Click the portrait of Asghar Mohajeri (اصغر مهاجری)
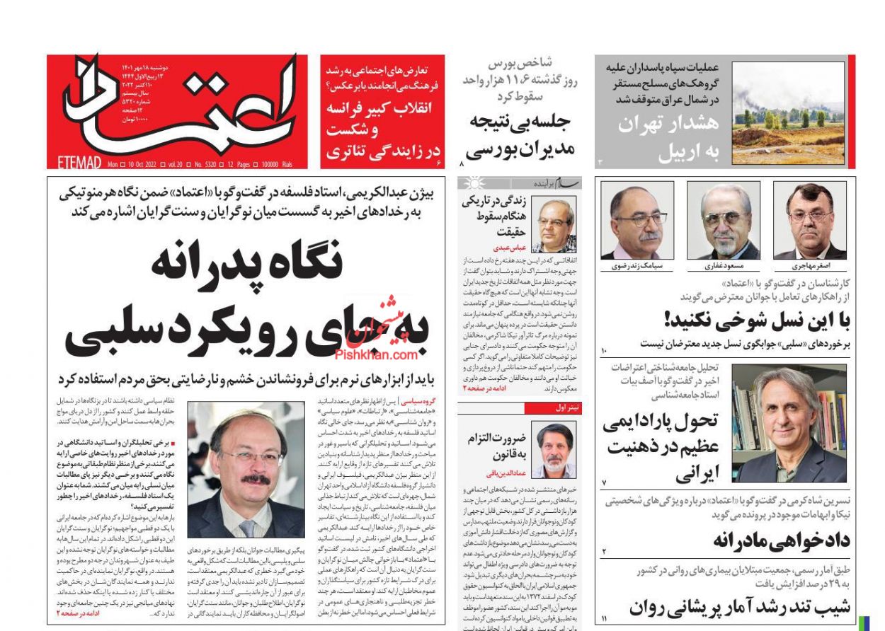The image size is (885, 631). pos(809,221)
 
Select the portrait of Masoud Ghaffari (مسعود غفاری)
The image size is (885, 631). pos(723,221)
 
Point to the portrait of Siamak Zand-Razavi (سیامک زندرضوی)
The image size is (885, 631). pos(637,221)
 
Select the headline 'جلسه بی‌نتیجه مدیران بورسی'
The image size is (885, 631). pos(520,134)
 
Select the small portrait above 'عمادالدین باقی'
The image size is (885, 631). pos(554,449)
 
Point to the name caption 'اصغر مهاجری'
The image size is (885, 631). pos(809,267)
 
